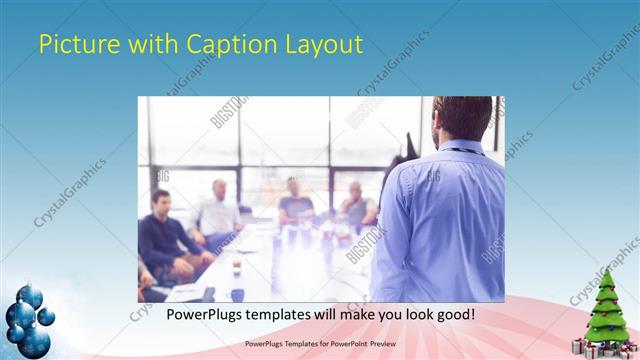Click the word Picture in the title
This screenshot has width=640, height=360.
(71, 44)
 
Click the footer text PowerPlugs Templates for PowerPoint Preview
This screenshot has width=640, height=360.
(320, 343)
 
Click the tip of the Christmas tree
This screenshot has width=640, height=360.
(606, 273)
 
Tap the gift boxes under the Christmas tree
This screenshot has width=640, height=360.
(604, 346)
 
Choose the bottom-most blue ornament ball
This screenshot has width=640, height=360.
(36, 344)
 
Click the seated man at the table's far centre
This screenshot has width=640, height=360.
(295, 200)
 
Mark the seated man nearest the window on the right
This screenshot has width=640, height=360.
(355, 205)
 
